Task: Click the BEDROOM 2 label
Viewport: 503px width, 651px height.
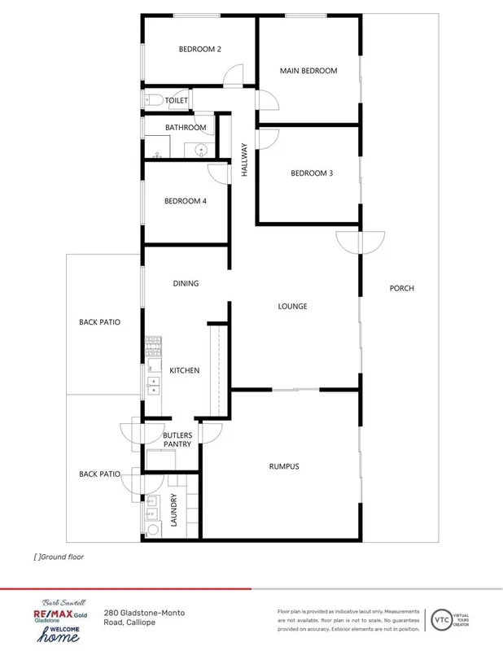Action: (x=200, y=49)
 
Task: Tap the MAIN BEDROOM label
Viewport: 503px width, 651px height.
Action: (x=308, y=71)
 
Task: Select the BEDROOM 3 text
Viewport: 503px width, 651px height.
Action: (x=312, y=173)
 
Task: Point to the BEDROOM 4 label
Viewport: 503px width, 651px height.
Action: (x=185, y=201)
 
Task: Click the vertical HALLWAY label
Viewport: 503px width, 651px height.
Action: (x=243, y=160)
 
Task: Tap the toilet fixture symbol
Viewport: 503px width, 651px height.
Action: (x=153, y=100)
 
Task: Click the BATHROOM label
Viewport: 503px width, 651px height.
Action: (x=186, y=128)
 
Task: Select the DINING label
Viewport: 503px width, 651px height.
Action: (x=186, y=283)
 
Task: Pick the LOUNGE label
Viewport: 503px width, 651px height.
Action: (x=292, y=306)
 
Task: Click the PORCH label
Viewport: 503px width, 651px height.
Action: (x=401, y=288)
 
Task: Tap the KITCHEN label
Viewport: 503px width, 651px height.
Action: (x=184, y=370)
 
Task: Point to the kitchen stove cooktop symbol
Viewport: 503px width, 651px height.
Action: (x=153, y=347)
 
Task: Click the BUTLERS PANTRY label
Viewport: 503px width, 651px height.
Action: (x=177, y=439)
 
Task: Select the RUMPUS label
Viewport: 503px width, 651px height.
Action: (x=284, y=466)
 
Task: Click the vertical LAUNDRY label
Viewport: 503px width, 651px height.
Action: (x=174, y=510)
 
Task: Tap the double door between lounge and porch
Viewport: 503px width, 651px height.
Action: (x=359, y=242)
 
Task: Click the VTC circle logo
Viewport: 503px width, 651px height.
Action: (x=442, y=618)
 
